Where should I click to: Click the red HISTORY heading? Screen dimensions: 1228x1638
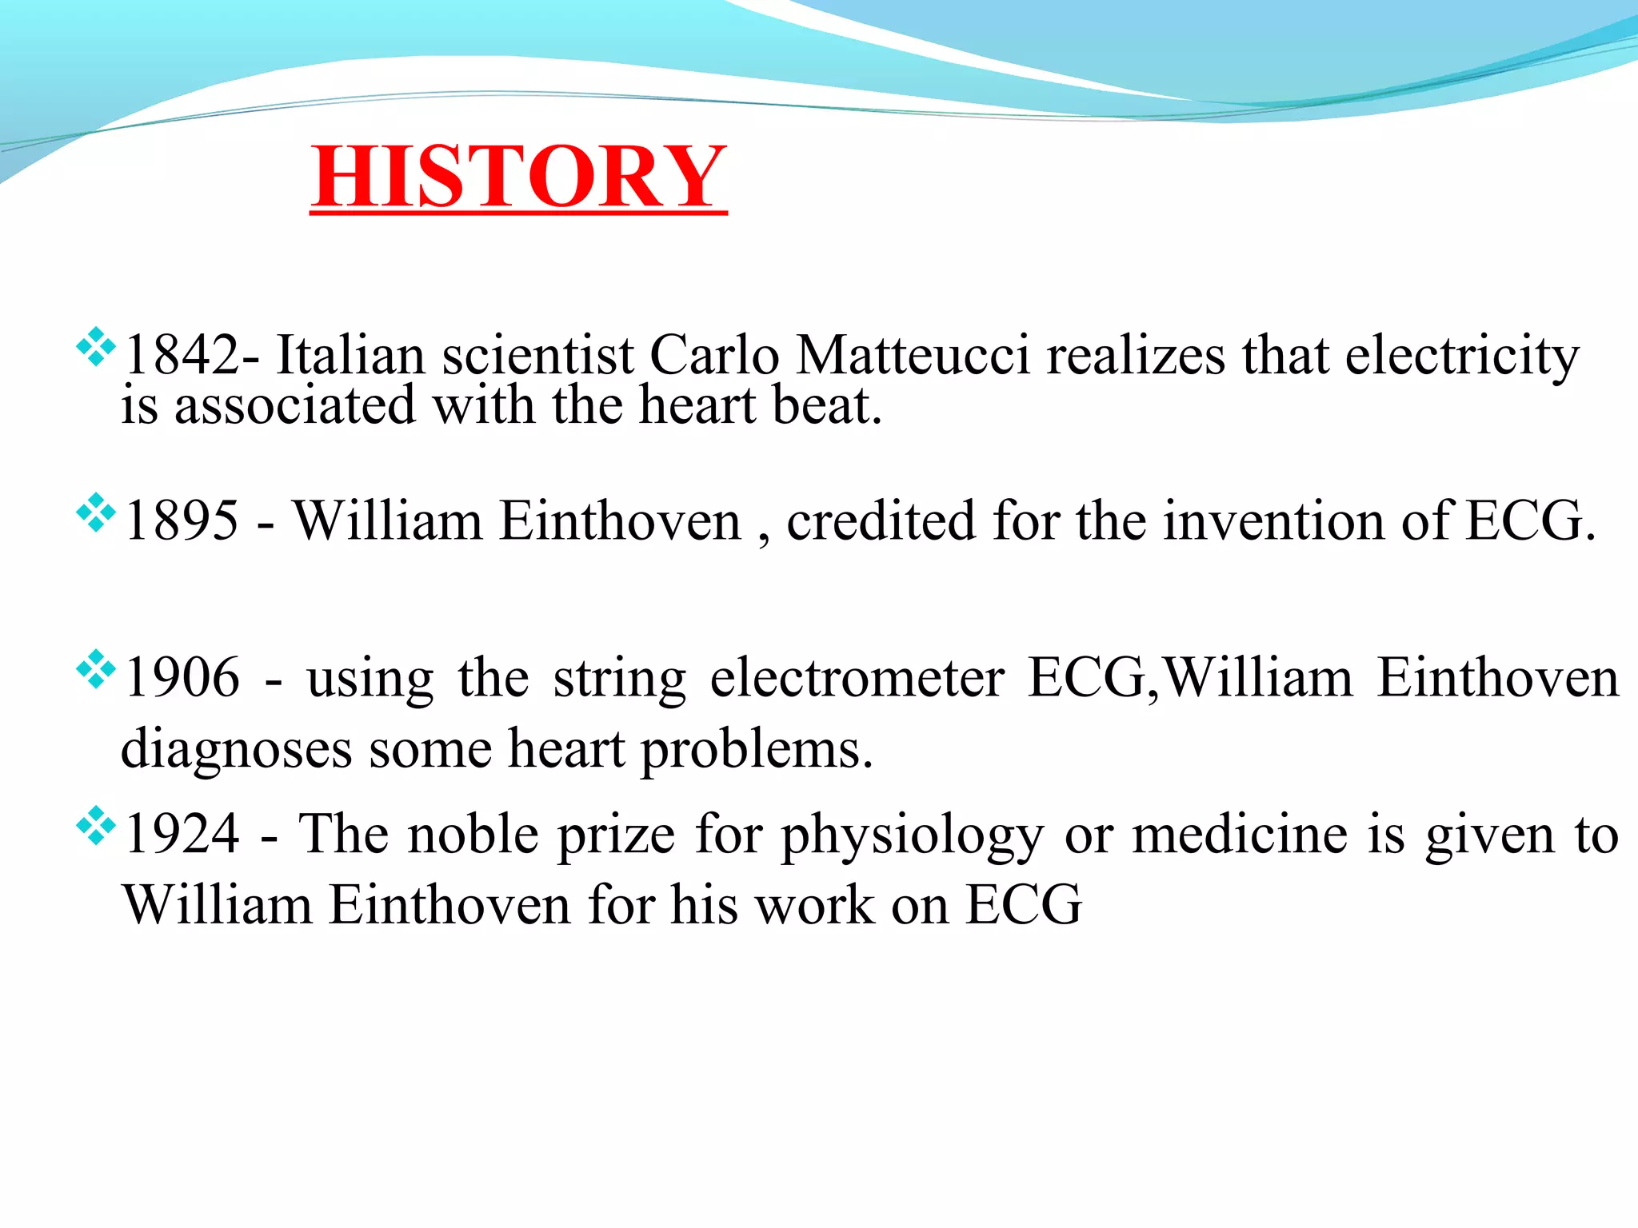click(x=518, y=177)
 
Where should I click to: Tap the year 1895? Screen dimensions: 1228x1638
click(x=182, y=520)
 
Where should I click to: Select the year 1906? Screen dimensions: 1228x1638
click(x=182, y=677)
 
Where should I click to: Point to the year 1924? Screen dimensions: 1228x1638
click(x=182, y=834)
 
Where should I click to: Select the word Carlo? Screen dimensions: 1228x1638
click(x=713, y=355)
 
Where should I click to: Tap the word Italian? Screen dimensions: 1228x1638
click(x=350, y=355)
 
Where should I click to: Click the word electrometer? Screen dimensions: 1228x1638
click(x=857, y=677)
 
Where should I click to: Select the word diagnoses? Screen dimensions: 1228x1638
click(x=236, y=750)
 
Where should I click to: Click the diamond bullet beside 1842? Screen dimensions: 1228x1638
click(x=95, y=347)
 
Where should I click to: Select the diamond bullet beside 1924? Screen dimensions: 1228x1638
click(x=95, y=826)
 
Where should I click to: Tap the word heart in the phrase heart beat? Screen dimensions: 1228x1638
click(x=697, y=405)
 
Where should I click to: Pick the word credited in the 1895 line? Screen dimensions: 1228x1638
click(x=881, y=520)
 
